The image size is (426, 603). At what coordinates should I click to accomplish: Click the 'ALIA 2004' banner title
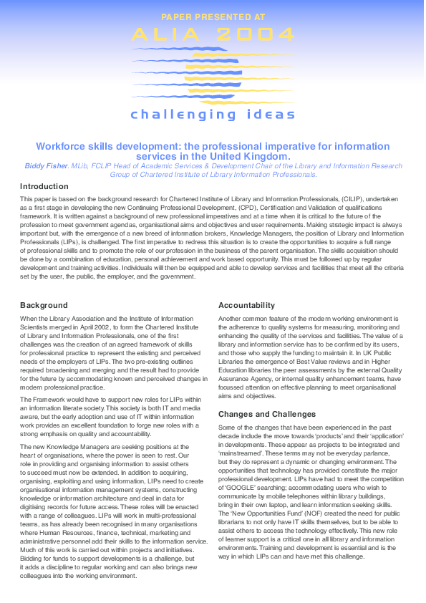click(x=213, y=34)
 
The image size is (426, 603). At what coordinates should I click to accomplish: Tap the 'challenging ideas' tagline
click(x=213, y=114)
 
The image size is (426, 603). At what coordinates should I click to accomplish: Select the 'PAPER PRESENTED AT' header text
click(x=213, y=16)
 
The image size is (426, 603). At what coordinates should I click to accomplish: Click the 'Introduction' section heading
click(x=44, y=186)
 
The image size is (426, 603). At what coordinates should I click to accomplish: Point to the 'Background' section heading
click(x=44, y=305)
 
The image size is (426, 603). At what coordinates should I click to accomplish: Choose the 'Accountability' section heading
click(x=246, y=305)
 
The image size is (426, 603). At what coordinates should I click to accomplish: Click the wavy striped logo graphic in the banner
click(x=213, y=72)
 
